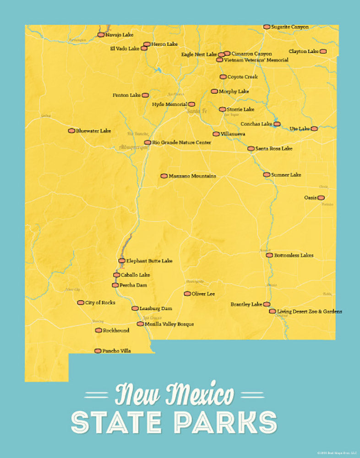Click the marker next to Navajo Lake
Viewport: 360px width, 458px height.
point(101,34)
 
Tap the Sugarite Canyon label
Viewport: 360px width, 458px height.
point(289,27)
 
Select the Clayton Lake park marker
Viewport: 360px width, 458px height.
point(323,51)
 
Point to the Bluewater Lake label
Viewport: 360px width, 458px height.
point(93,131)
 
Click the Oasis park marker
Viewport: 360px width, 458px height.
point(321,198)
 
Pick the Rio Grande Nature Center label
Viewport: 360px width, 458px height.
point(181,142)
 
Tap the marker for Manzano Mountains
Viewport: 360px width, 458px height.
point(164,176)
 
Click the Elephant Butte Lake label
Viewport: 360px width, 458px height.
point(149,261)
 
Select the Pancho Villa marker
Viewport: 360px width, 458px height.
point(98,351)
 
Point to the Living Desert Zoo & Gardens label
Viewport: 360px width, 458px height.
point(309,311)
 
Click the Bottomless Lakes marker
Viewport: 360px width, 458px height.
point(269,255)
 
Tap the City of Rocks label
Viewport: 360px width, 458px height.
point(100,303)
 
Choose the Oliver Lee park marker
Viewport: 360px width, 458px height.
point(187,294)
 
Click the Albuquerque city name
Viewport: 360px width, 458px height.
point(134,147)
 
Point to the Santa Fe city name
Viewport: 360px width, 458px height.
point(197,111)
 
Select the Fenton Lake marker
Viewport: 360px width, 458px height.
point(145,95)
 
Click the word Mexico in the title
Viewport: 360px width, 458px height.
point(200,395)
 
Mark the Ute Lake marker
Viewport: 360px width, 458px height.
point(314,129)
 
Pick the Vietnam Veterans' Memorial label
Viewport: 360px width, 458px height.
point(256,60)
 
